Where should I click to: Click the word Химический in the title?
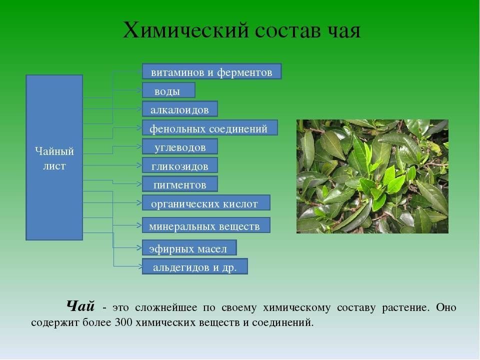185,30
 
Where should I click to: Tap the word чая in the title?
344,30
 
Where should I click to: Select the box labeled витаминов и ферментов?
211,71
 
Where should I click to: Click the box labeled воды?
168,90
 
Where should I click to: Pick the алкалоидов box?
179,108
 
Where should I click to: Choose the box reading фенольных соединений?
209,127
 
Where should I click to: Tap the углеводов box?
179,146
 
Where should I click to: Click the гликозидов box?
179,165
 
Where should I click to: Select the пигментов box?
179,183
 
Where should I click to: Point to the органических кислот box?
206,202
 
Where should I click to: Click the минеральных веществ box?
206,225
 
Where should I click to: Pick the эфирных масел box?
189,247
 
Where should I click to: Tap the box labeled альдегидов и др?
194,266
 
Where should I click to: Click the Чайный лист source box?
54,157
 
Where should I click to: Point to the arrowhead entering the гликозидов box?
139,165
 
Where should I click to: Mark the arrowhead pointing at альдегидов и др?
139,266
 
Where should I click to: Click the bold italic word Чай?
80,306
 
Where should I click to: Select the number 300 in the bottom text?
123,322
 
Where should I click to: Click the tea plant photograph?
372,176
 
